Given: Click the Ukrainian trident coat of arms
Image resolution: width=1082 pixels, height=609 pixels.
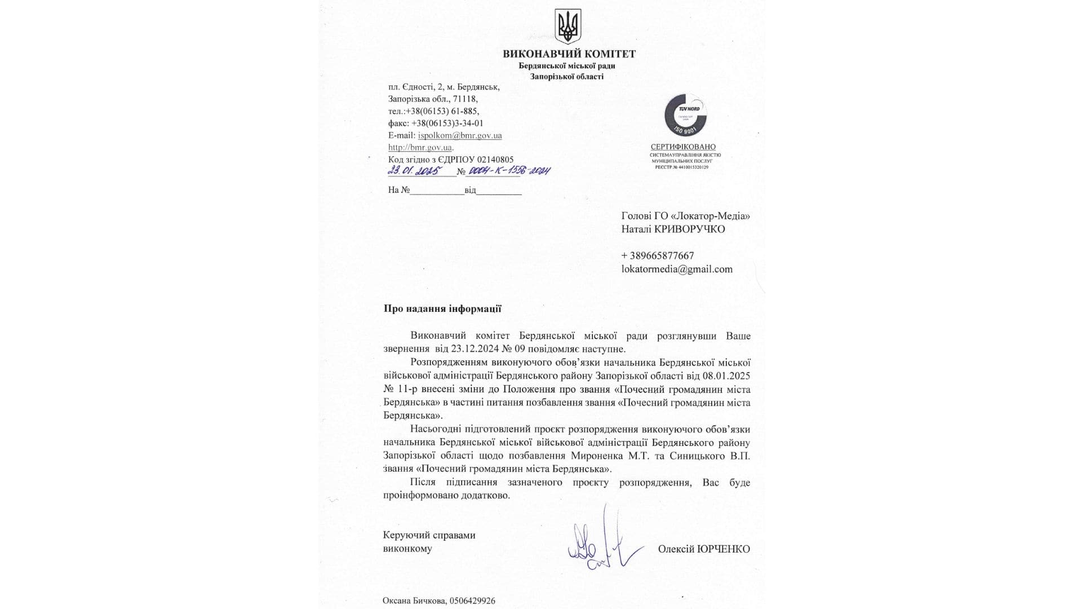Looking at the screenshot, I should click(567, 26).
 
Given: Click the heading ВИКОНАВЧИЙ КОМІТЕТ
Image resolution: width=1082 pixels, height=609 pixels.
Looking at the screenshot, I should click(569, 54).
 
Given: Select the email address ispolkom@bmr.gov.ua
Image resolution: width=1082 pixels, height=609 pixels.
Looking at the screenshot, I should click(460, 135).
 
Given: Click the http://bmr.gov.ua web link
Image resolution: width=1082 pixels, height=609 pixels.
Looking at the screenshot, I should click(420, 147).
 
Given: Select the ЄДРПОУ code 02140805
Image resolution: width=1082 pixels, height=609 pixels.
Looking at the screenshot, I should click(495, 160).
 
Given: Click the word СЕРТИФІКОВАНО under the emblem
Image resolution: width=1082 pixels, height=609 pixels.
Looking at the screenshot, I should click(683, 147).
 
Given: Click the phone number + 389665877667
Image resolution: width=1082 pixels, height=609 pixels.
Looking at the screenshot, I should click(658, 255).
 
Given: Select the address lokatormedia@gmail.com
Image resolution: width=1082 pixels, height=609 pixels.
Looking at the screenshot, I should click(677, 269).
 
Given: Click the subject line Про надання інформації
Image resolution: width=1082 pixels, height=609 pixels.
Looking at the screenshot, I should click(442, 308).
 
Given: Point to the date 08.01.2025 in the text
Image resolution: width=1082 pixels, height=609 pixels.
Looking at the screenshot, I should click(726, 376).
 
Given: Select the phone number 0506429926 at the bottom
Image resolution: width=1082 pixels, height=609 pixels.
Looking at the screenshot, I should click(472, 601).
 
